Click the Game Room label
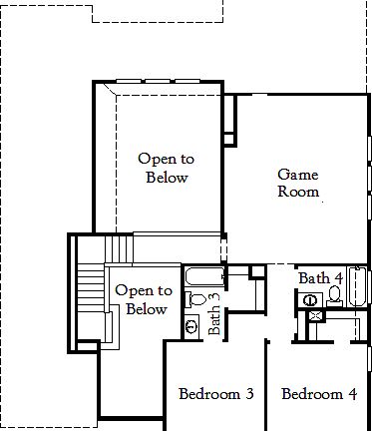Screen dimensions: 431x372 298,182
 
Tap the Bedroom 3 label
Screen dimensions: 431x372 215,394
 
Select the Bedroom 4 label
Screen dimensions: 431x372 319,394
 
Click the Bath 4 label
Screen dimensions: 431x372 320,277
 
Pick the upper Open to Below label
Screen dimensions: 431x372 164,168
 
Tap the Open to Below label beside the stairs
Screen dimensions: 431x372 144,299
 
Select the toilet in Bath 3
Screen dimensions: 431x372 197,298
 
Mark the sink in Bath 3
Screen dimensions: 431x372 191,325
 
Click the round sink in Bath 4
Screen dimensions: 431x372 310,297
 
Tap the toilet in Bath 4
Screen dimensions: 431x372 334,295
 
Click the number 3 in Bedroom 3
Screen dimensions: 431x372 248,394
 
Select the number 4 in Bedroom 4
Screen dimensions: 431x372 351,394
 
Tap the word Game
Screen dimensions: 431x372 298,173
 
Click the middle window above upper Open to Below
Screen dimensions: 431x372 159,82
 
